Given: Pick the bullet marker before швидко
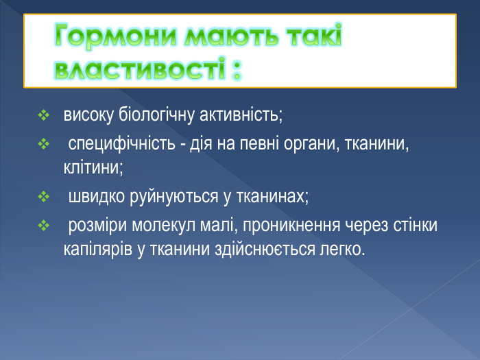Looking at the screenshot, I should (x=44, y=198).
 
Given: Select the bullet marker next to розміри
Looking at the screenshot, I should (x=44, y=226).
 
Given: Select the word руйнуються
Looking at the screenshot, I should (x=173, y=197).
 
